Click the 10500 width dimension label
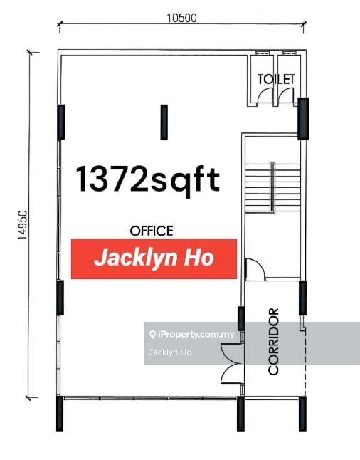coord(181,19)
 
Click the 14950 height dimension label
coord(23,225)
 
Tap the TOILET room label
coord(276,79)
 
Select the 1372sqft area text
coord(148,179)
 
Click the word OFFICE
coord(152,231)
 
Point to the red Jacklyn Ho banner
coord(154,259)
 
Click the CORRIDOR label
coord(273,341)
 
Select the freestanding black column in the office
coord(164,122)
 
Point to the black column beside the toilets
coord(303,118)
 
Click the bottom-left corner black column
coord(60,414)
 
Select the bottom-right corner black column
coord(302,414)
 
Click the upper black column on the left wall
coord(60,122)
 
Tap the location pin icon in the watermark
coord(152,335)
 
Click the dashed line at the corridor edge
coord(305,365)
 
